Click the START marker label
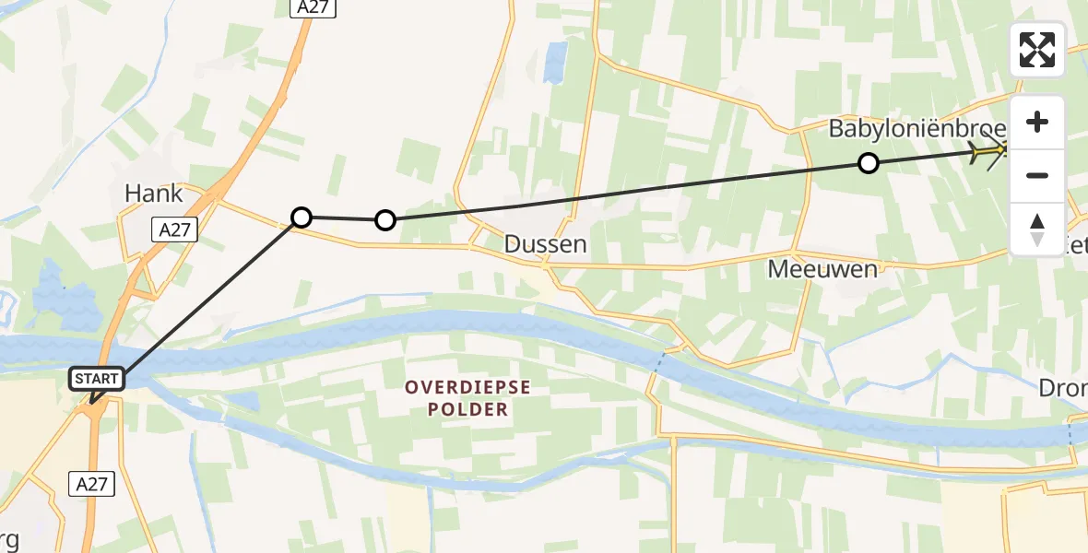tap(97, 378)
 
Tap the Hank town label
tap(154, 194)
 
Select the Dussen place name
tap(545, 244)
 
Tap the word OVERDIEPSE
tap(468, 387)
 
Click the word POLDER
tap(468, 409)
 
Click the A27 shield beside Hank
tap(175, 229)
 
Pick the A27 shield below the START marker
tap(93, 482)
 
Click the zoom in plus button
tap(1037, 123)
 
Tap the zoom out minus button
tap(1037, 175)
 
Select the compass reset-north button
tap(1037, 229)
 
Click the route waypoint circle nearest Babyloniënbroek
tap(868, 163)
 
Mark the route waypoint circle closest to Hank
tap(302, 218)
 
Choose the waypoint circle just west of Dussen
tap(385, 220)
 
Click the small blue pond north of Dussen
tap(556, 61)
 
